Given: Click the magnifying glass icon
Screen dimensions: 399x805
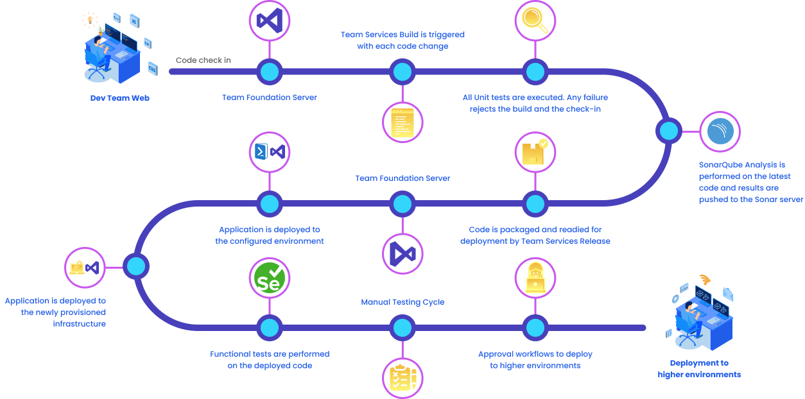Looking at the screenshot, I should point(535,20).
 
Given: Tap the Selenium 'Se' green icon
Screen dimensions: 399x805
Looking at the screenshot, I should point(269,279).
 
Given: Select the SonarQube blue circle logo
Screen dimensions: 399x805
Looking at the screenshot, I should point(720,132).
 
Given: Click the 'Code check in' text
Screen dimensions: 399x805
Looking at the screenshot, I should point(203,60).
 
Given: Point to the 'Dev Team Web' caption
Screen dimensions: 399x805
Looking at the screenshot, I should point(119,98).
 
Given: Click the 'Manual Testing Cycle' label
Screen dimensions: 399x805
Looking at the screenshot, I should point(402,302).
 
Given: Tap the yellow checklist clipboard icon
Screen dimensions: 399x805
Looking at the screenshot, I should point(402,377).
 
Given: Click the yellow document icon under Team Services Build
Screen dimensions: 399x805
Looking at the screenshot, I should point(402,121).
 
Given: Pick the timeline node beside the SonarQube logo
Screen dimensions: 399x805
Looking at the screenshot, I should point(669,131).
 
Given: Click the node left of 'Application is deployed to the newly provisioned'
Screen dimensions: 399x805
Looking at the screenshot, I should point(136,266).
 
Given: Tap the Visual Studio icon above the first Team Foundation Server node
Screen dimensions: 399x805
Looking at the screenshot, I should point(269,20).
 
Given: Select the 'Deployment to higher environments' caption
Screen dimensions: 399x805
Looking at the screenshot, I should point(699,368).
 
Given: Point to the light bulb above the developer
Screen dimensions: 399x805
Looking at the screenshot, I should point(89,19).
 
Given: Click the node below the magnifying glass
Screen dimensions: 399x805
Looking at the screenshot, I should point(535,71).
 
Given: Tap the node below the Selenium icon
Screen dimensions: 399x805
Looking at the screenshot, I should point(269,328).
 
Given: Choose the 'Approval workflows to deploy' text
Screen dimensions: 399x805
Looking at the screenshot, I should point(535,354).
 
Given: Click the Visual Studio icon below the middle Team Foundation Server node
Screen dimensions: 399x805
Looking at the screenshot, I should point(402,253).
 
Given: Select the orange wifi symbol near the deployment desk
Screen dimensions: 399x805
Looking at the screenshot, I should point(705,280).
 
